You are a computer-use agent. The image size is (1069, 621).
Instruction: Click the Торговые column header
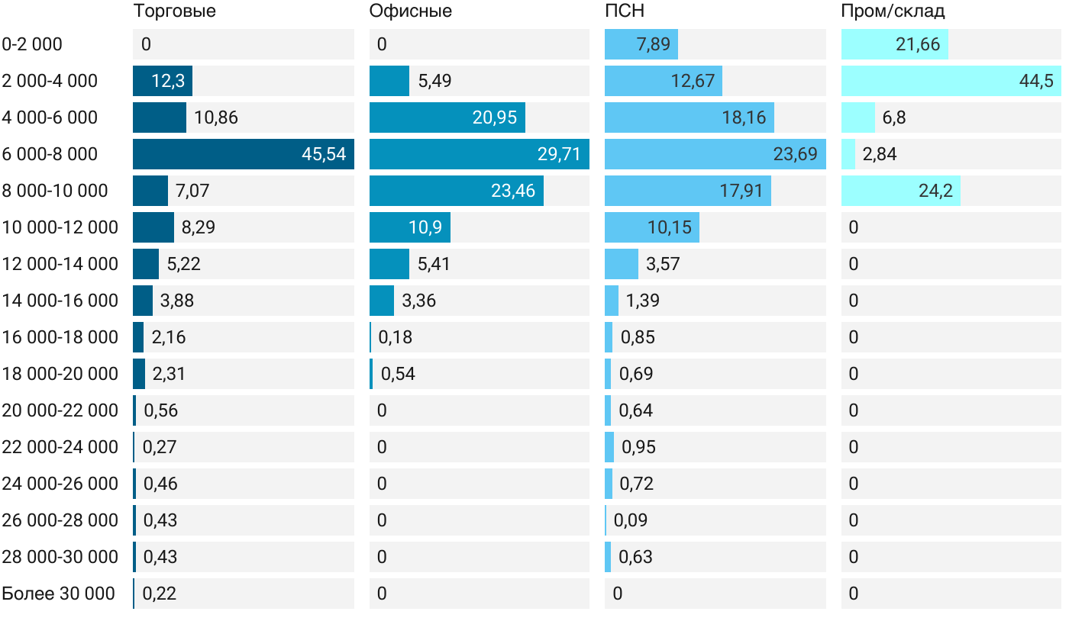pos(174,11)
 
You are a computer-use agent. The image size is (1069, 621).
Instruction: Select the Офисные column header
pos(410,11)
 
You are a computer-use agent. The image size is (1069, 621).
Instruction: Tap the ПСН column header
pos(625,11)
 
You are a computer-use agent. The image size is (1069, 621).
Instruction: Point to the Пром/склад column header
pos(893,11)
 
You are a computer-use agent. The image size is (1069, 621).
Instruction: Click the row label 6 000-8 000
pos(50,154)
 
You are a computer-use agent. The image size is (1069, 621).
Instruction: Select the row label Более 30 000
pos(59,594)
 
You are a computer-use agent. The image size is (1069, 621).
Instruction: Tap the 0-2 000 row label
pos(32,44)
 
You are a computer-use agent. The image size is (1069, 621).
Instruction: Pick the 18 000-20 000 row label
pos(60,374)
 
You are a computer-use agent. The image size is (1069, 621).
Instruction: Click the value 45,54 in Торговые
pos(324,154)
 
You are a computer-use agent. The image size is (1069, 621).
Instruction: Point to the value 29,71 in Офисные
pos(559,154)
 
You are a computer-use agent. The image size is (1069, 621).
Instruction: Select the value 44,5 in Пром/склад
pos(1036,81)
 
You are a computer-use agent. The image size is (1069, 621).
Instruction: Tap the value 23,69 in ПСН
pos(795,154)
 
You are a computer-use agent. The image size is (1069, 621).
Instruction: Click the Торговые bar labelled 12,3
pos(162,81)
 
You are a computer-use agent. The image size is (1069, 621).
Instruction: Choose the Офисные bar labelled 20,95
pos(447,117)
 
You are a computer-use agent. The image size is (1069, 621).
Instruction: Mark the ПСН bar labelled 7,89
pos(641,44)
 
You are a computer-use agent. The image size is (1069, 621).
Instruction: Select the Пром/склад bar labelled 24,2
pos(900,191)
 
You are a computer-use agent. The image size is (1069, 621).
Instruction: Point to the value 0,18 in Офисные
pos(396,337)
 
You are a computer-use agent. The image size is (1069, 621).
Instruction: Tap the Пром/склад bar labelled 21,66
pos(894,44)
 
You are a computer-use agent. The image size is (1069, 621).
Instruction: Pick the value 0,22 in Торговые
pos(160,594)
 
